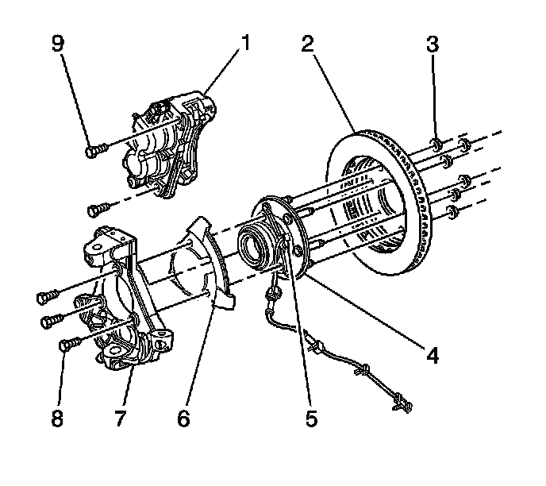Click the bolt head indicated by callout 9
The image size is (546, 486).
93,147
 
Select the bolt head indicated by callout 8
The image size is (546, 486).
67,344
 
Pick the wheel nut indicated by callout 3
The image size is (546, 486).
436,143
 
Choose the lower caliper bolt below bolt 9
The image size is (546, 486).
98,210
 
